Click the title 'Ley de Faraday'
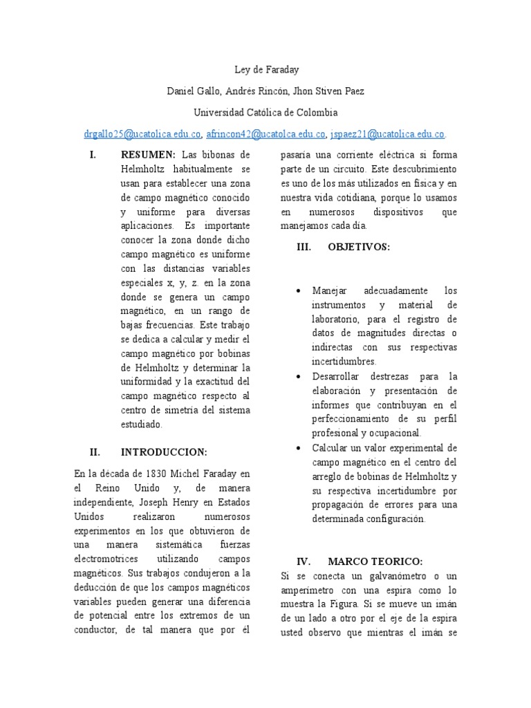point(265,70)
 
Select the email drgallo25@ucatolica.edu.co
point(142,134)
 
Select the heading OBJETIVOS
point(359,246)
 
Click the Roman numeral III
point(304,246)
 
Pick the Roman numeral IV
point(304,561)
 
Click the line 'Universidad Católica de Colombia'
point(265,112)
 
